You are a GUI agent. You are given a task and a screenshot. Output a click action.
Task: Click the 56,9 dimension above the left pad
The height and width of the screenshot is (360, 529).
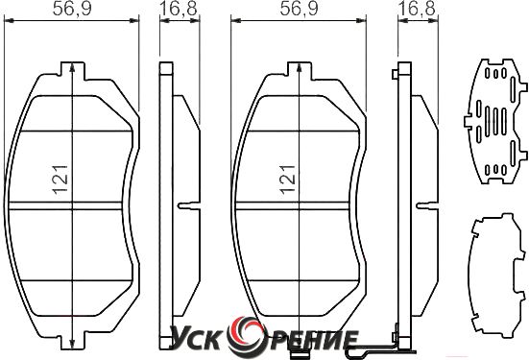pyautogui.click(x=72, y=9)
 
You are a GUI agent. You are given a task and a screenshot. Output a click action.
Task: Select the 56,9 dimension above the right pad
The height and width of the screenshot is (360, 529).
pyautogui.click(x=299, y=9)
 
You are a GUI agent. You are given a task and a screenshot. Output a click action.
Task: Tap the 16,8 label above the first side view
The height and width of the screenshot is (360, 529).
pyautogui.click(x=179, y=9)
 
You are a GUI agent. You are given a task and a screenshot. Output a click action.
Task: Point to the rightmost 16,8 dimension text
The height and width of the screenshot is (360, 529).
pyautogui.click(x=417, y=9)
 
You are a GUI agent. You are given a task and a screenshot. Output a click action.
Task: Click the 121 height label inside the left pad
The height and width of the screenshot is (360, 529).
pyautogui.click(x=60, y=180)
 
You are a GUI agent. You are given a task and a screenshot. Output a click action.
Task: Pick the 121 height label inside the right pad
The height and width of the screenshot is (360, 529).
pyautogui.click(x=288, y=180)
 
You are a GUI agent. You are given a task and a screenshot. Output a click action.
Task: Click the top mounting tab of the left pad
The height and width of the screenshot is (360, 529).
pyautogui.click(x=72, y=70)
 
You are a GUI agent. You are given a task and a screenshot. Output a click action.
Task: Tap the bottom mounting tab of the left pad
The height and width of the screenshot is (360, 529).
pyautogui.click(x=72, y=341)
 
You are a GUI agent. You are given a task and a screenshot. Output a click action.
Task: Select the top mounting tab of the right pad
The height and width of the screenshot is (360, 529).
pyautogui.click(x=299, y=70)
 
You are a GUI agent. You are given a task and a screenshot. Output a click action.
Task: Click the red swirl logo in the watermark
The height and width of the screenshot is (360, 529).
pyautogui.click(x=246, y=337)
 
